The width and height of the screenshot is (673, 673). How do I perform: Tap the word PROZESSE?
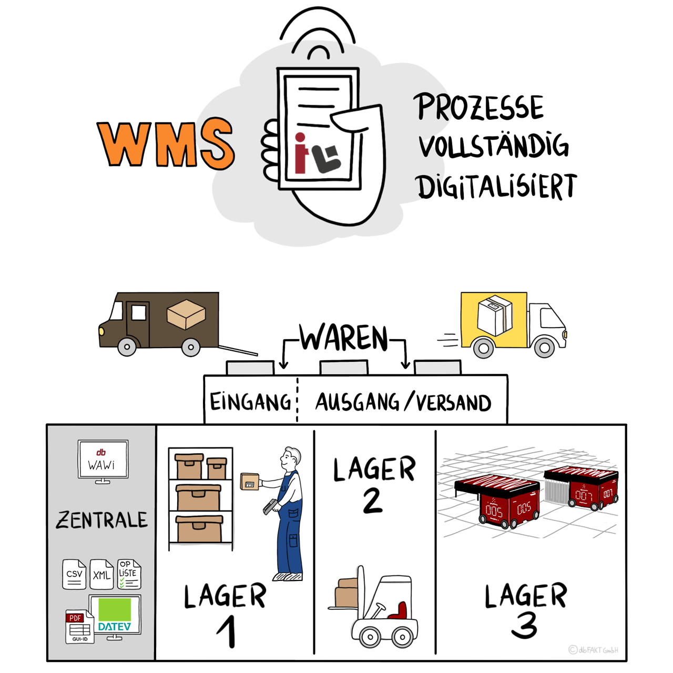480,107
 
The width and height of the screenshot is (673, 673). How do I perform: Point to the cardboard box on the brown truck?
186,314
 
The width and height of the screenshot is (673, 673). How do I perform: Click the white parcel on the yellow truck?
495,314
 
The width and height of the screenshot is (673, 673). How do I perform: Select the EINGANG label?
250,402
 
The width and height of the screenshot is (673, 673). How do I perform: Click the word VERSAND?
453,403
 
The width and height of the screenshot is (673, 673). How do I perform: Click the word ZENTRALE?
102,520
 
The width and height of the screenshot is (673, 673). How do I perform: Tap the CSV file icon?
74,574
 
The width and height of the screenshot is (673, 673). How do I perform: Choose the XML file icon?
101,575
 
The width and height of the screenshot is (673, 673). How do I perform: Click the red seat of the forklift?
399,611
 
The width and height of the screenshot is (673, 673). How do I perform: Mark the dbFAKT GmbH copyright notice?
594,650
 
